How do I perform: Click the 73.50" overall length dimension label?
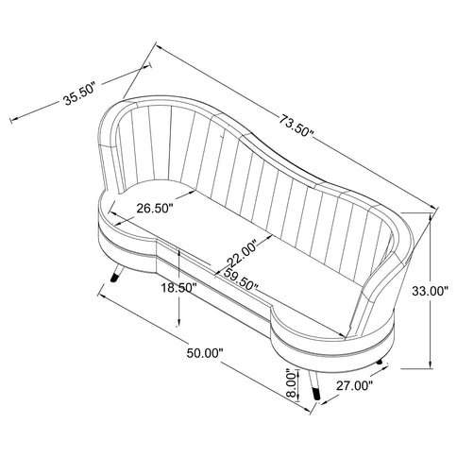click(x=296, y=126)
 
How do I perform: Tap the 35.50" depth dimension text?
click(x=79, y=94)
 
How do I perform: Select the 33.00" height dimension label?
click(x=430, y=292)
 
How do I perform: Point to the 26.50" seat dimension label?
click(x=155, y=208)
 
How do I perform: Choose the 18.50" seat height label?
click(x=179, y=287)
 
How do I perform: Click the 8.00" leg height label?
click(x=293, y=383)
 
